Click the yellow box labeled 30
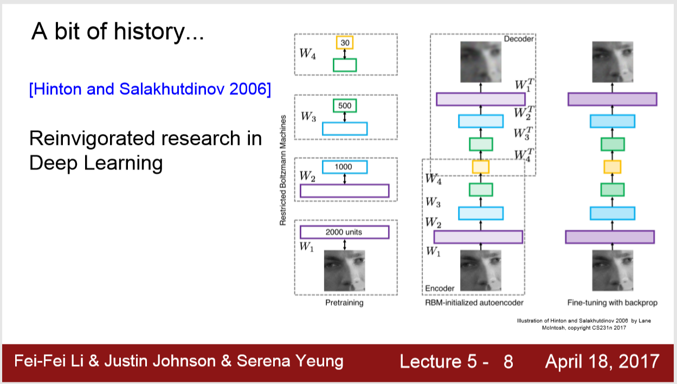click(x=345, y=42)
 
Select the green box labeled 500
click(x=345, y=105)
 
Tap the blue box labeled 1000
click(x=345, y=167)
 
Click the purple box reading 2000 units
click(x=344, y=232)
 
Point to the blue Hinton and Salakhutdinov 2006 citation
click(x=150, y=89)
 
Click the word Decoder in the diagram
click(x=519, y=39)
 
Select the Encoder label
click(x=440, y=288)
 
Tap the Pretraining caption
click(x=344, y=303)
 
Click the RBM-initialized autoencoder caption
click(x=474, y=303)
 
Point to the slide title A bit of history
click(x=118, y=32)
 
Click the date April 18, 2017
click(x=602, y=361)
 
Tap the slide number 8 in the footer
click(x=508, y=361)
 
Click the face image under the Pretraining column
click(x=344, y=270)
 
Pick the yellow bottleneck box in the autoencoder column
click(x=480, y=167)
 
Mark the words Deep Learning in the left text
click(x=96, y=163)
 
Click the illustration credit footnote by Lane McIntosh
click(x=584, y=324)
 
